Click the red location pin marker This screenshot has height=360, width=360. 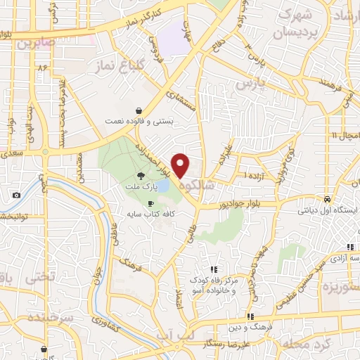[x=181, y=166]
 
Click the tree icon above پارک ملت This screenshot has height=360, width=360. [x=142, y=176]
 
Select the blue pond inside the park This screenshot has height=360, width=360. [x=162, y=186]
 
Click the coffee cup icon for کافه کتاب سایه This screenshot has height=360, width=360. [x=150, y=202]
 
